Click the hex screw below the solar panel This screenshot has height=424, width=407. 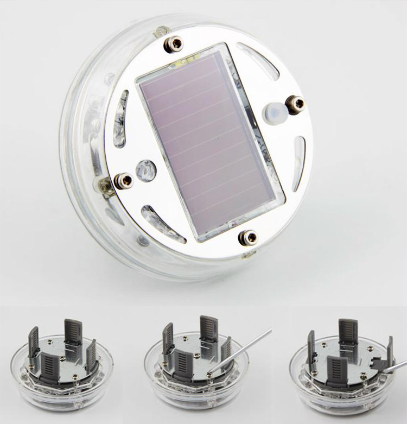(249, 237)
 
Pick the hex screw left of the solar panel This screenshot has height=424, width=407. (124, 180)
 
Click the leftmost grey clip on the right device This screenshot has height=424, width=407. (313, 348)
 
